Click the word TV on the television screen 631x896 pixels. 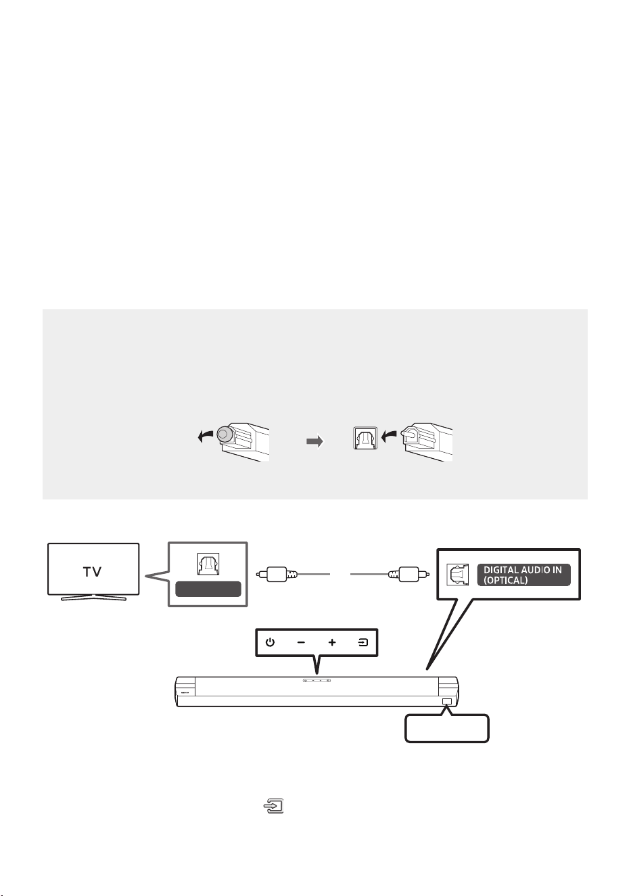pyautogui.click(x=93, y=572)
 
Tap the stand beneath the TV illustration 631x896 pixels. pyautogui.click(x=93, y=598)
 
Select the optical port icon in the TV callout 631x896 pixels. pyautogui.click(x=208, y=564)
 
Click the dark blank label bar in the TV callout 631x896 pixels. pyautogui.click(x=208, y=589)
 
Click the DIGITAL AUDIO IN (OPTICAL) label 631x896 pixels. pyautogui.click(x=523, y=575)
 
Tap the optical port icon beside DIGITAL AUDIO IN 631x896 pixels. pyautogui.click(x=457, y=575)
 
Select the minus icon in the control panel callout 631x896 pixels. pyautogui.click(x=301, y=642)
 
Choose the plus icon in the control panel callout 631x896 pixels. pyautogui.click(x=332, y=642)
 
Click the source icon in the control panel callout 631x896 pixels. pyautogui.click(x=363, y=642)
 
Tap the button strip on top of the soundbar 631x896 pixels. pyautogui.click(x=317, y=679)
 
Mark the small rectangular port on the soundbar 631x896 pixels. pyautogui.click(x=447, y=701)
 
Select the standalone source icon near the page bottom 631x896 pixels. pyautogui.click(x=273, y=806)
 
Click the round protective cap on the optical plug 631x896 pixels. pyautogui.click(x=225, y=434)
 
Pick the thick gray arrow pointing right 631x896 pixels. pyautogui.click(x=314, y=442)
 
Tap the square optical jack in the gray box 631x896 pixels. pyautogui.click(x=365, y=439)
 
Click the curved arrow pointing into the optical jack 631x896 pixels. pyautogui.click(x=389, y=436)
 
